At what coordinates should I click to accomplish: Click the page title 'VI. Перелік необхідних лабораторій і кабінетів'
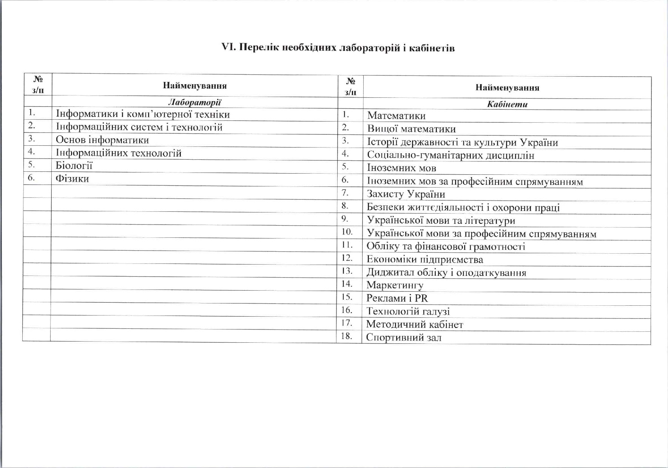[338, 48]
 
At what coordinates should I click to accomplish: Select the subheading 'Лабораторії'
[194, 102]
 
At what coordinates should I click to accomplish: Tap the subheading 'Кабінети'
[507, 105]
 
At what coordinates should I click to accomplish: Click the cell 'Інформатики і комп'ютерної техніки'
[143, 114]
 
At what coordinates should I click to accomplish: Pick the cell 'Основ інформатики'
[102, 140]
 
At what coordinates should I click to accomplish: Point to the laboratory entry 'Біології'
[74, 166]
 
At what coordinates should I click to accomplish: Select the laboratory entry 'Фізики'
[72, 179]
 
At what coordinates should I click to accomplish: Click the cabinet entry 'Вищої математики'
[411, 129]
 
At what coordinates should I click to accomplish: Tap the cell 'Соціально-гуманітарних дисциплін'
[450, 155]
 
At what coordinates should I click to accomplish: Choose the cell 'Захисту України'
[406, 194]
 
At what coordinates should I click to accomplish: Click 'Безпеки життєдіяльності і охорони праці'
[463, 208]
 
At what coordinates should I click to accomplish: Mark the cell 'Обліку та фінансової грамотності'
[446, 247]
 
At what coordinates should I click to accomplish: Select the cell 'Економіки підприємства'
[424, 260]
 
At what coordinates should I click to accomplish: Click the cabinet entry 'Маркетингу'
[395, 285]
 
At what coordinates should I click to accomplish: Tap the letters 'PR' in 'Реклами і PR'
[421, 298]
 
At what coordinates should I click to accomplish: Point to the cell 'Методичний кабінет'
[414, 324]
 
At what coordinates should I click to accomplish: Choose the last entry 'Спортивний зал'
[403, 337]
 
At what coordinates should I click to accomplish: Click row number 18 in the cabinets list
[346, 336]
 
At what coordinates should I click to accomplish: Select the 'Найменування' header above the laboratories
[194, 86]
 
